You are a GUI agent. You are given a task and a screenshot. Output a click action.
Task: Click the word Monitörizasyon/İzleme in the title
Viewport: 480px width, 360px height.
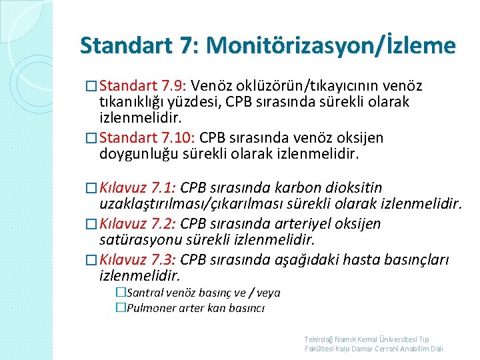pos(331,46)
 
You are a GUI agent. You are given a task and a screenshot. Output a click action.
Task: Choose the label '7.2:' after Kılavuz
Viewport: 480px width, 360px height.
pos(163,223)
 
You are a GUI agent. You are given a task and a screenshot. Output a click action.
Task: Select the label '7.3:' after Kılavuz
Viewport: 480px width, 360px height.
pos(163,259)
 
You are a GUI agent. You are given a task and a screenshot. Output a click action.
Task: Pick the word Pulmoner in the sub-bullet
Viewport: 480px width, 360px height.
pos(150,308)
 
